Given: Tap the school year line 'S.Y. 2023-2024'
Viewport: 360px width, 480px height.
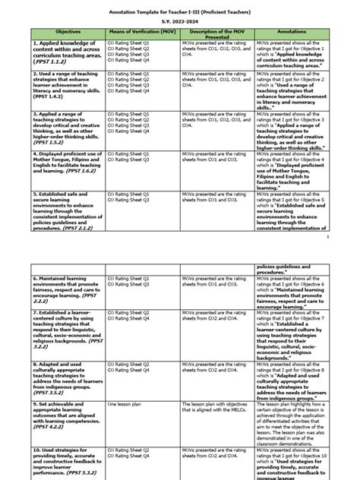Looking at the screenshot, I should tap(179, 23).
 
